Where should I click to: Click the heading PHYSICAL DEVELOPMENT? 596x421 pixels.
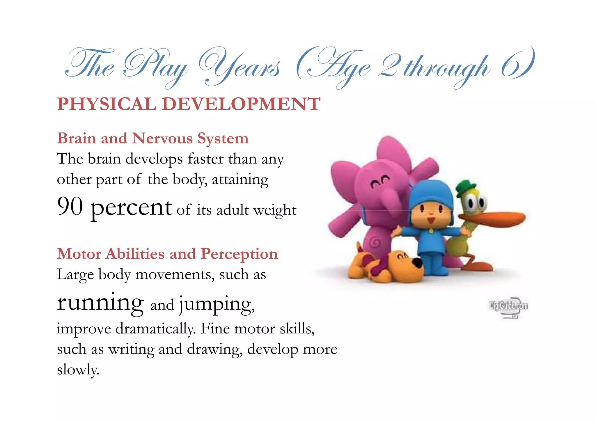click(189, 104)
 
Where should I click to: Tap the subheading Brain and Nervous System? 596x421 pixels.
click(153, 138)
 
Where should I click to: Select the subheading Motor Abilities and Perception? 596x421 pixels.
click(167, 254)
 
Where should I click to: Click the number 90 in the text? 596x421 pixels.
click(70, 206)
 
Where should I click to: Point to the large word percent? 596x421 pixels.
click(132, 208)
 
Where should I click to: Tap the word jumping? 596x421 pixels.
click(217, 304)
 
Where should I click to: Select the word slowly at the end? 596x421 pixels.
click(78, 370)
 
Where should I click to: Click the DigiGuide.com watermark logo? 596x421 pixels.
click(508, 307)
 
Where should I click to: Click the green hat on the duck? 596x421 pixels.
click(465, 188)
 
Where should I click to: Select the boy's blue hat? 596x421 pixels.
click(431, 193)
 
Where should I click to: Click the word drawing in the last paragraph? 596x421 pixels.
click(214, 349)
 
